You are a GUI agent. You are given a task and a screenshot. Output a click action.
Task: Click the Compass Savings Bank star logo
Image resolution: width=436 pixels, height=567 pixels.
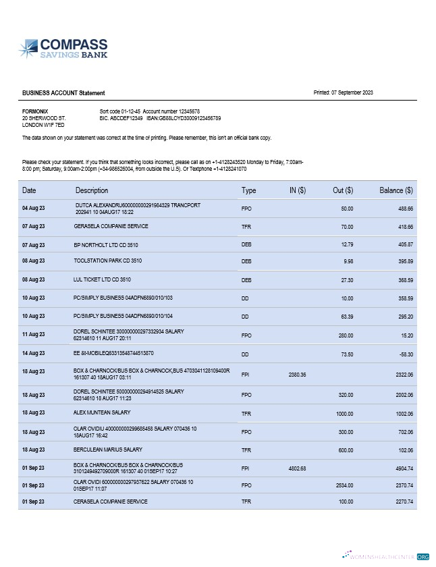click(28, 48)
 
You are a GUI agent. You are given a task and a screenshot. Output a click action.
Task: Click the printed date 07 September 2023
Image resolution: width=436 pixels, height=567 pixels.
click(344, 92)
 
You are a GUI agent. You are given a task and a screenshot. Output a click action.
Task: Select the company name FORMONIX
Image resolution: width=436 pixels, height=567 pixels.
click(35, 111)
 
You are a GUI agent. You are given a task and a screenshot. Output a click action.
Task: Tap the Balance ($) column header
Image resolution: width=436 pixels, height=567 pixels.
click(396, 191)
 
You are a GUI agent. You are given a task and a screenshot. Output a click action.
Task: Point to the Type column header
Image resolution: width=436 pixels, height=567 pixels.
click(249, 191)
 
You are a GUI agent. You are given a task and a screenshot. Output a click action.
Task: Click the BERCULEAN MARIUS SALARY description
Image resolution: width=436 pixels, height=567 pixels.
click(108, 450)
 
